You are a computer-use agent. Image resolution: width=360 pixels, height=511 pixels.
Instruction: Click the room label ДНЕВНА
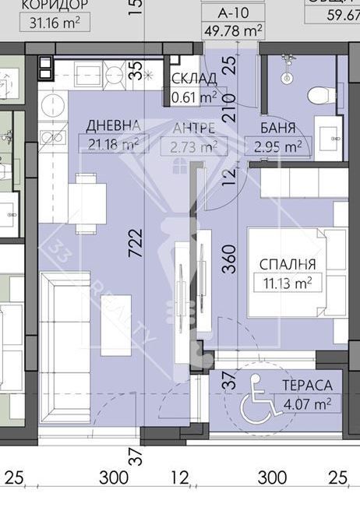pyautogui.click(x=114, y=126)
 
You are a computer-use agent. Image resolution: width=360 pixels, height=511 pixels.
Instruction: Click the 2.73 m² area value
pyautogui.click(x=194, y=146)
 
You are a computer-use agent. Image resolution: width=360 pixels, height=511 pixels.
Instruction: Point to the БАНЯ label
pyautogui.click(x=277, y=129)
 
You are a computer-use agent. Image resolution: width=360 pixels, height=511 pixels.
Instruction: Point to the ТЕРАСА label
pyautogui.click(x=306, y=385)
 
